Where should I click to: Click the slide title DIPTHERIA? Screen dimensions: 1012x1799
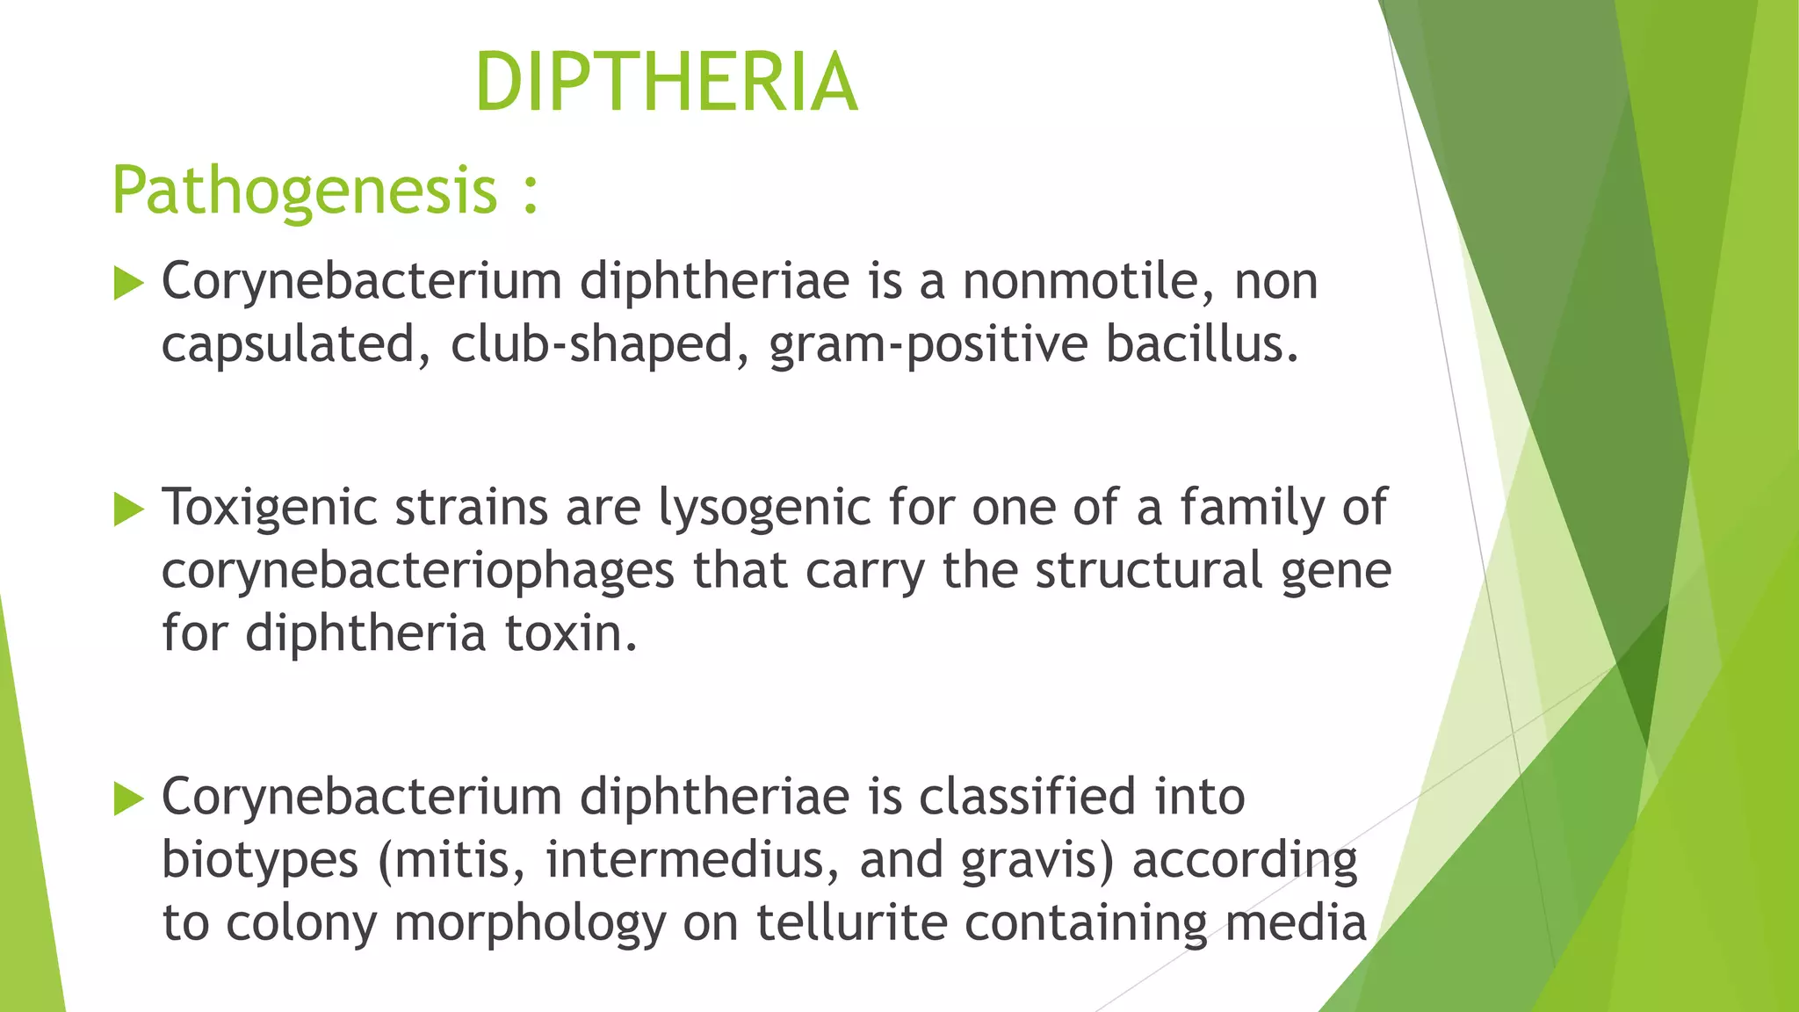coord(666,83)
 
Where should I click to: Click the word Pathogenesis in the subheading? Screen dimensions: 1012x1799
coord(305,191)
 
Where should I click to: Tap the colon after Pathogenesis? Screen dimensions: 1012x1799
coord(530,195)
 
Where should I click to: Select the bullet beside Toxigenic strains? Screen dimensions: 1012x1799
coord(128,510)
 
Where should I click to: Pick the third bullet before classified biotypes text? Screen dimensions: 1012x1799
coord(128,799)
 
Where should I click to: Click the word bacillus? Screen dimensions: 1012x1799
coord(1201,344)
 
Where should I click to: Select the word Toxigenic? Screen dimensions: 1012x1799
coord(270,509)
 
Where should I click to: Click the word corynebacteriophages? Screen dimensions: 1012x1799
coord(417,572)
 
